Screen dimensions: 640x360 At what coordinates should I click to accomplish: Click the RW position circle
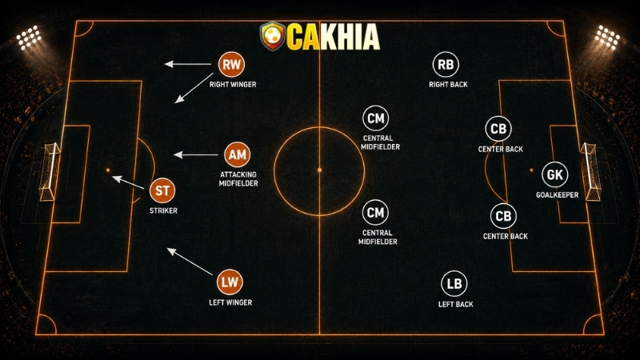point(231,64)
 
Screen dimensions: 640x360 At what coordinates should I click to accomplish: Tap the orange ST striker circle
point(162,190)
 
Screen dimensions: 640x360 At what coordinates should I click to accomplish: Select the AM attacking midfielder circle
point(237,154)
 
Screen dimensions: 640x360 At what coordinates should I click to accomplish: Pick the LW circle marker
point(230,282)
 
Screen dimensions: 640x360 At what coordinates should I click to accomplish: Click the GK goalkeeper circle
point(554,174)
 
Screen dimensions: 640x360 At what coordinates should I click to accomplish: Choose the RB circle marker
point(446,64)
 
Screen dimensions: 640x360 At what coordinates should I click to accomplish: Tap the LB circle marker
point(454,283)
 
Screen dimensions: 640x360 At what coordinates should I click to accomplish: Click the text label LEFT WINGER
point(230,302)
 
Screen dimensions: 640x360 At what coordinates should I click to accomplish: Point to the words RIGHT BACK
point(448,85)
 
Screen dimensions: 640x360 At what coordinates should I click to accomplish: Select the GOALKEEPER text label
point(557,195)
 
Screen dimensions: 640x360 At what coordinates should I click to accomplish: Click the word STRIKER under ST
point(163,210)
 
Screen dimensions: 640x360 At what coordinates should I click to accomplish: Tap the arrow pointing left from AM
point(196,154)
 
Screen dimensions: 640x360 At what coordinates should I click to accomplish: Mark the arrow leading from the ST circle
point(128,182)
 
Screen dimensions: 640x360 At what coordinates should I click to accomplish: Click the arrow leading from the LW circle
point(190,262)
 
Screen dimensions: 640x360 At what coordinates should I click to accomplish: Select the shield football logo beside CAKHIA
point(272,36)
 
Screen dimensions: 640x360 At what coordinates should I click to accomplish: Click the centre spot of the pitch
point(319,170)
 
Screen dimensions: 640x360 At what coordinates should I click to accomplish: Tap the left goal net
point(50,171)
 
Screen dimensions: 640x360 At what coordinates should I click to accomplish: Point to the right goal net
point(590,171)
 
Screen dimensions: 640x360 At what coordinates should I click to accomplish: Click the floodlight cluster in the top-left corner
point(29,38)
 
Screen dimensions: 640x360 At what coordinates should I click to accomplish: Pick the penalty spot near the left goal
point(108,170)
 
